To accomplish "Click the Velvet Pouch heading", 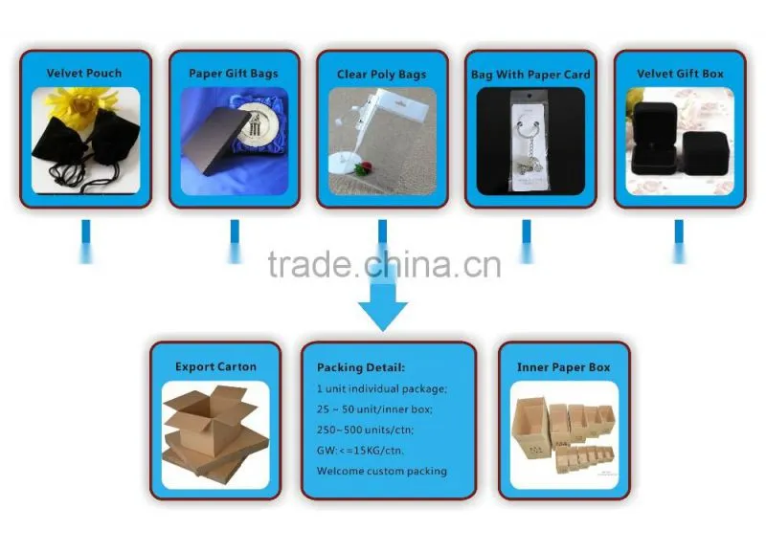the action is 84,74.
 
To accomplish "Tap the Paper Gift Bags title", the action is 234,74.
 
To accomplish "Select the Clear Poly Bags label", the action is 381,75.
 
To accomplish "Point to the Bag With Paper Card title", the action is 530,75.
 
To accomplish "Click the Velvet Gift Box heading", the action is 680,74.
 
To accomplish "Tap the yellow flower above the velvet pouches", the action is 80,105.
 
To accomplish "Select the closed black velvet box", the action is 706,154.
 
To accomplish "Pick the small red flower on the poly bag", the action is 363,169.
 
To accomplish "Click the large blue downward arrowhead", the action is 383,316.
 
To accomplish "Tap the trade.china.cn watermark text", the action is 385,265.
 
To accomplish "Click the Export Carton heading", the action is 215,366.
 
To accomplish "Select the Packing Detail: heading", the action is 361,367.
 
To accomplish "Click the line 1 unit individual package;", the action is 381,388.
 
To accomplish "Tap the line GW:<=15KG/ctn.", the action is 360,450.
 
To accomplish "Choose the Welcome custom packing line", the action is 382,471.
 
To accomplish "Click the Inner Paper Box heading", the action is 564,367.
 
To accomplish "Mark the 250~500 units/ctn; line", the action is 365,430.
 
